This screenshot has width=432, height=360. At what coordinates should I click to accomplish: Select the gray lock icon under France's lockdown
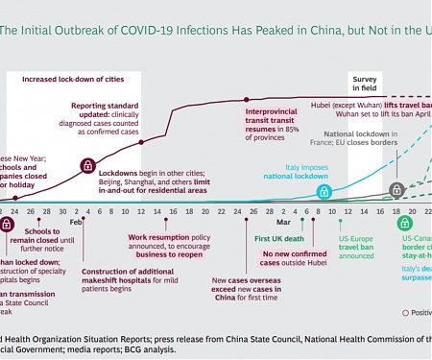[x=396, y=190]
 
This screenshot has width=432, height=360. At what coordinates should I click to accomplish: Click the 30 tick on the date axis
[x=62, y=210]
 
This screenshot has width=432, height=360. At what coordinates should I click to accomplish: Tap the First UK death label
[x=279, y=237]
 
